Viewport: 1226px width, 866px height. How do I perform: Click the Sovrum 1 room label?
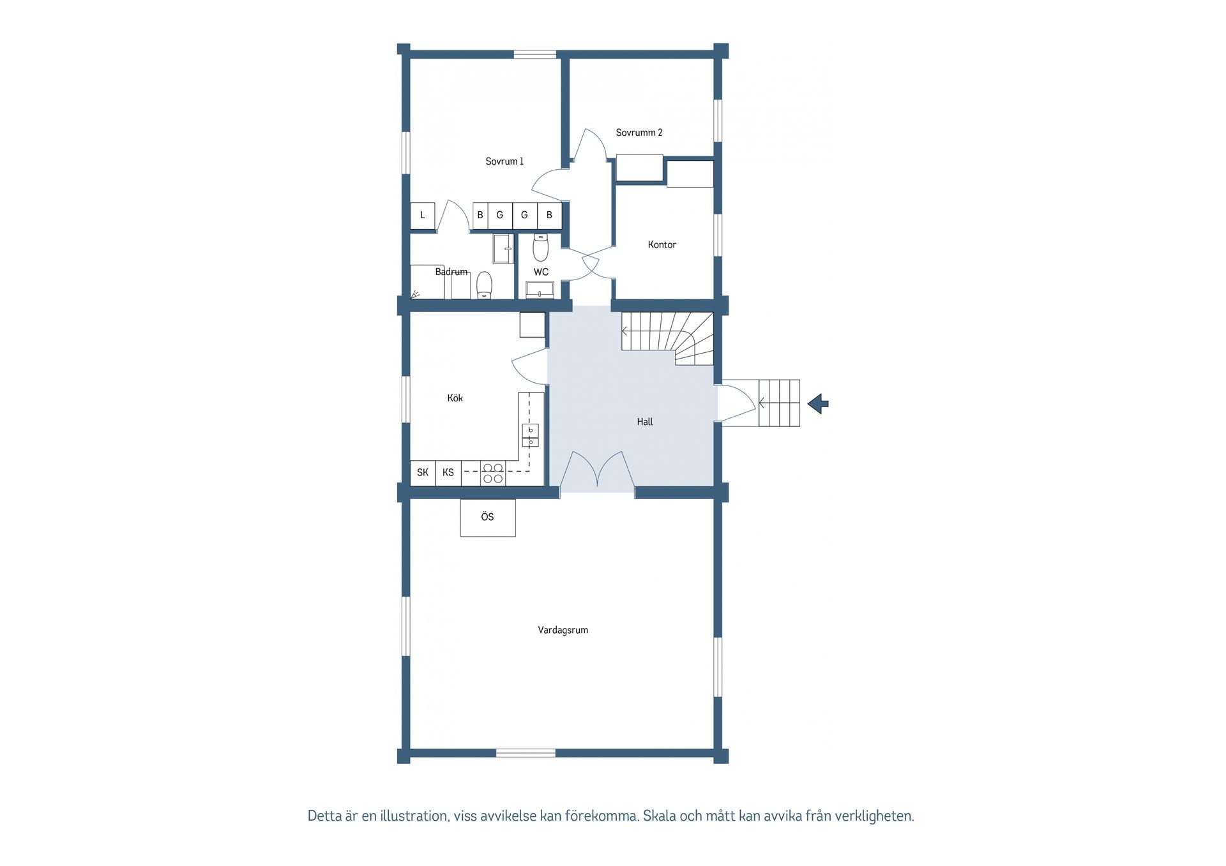(504, 161)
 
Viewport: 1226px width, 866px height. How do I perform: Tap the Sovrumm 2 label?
(639, 133)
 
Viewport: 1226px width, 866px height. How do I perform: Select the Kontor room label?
(662, 244)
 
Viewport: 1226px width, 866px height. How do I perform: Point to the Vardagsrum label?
(563, 630)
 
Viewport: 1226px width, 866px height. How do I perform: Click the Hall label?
(644, 422)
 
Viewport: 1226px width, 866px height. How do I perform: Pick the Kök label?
(455, 398)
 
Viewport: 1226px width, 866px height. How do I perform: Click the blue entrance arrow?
(818, 404)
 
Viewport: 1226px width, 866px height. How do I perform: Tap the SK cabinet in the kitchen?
(423, 473)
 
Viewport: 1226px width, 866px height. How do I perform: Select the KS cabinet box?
(448, 473)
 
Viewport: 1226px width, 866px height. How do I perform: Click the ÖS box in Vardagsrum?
(488, 518)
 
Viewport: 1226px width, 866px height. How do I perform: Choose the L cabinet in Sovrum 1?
(422, 216)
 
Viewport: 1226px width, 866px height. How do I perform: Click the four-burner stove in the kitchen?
(492, 474)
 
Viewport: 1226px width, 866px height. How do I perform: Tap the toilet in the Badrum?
(484, 285)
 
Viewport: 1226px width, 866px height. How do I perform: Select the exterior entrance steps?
(779, 403)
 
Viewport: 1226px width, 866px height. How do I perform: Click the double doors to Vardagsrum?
(597, 470)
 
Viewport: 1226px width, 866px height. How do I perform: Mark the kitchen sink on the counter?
(530, 435)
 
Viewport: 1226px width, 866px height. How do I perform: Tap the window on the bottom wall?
(526, 753)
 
